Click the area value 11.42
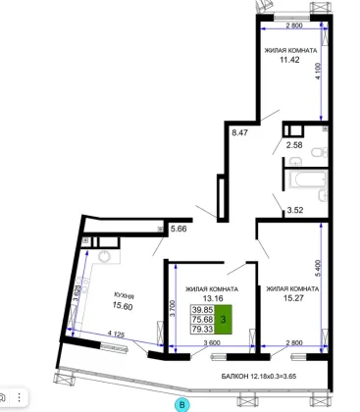click(x=289, y=60)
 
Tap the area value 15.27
click(x=293, y=298)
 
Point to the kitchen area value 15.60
click(x=123, y=306)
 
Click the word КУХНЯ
click(x=124, y=295)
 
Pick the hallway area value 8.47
click(x=239, y=132)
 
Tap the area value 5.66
click(x=179, y=229)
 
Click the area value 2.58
click(x=294, y=145)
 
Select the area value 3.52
click(x=295, y=210)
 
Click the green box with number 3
click(x=223, y=319)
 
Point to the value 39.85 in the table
click(x=203, y=310)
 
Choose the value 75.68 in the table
click(x=203, y=319)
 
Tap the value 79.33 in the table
click(x=203, y=329)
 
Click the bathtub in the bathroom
click(x=308, y=180)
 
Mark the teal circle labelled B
click(x=182, y=405)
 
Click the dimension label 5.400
click(x=319, y=269)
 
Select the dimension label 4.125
click(x=116, y=335)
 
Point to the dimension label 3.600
click(x=212, y=343)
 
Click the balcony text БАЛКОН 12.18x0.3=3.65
click(x=259, y=377)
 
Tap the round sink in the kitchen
click(x=105, y=256)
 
